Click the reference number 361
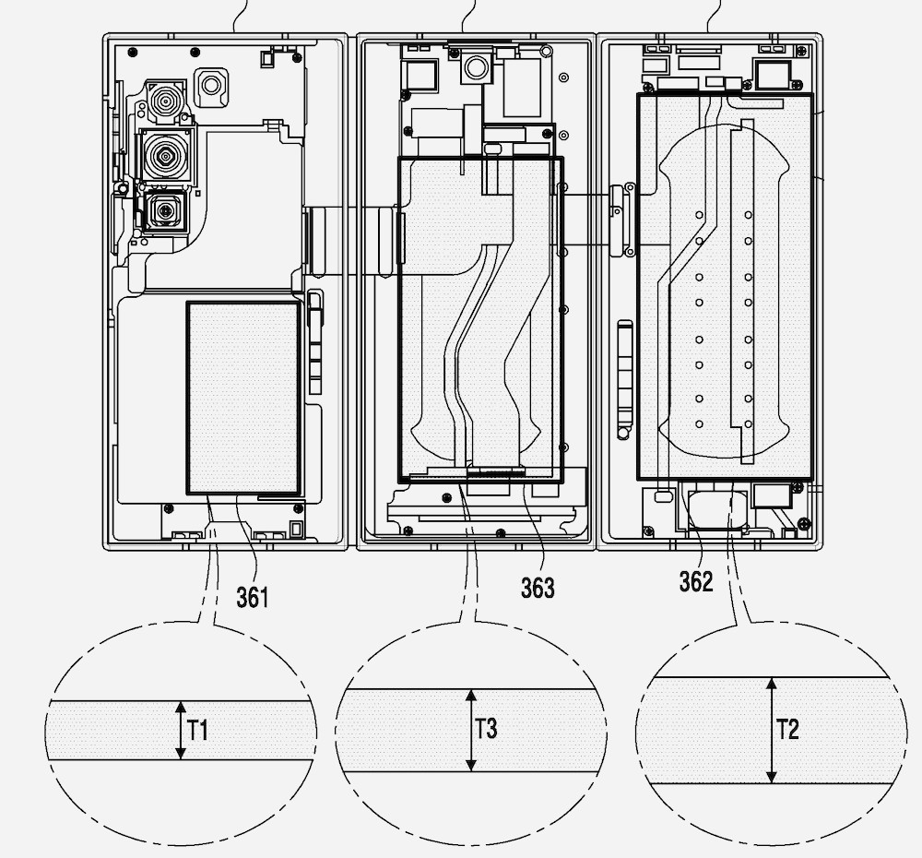pos(253,598)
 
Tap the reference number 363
pos(538,588)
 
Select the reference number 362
pos(696,581)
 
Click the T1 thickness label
pos(198,731)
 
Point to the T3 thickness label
pos(486,729)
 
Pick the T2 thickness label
pos(788,729)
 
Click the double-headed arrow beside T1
pos(181,730)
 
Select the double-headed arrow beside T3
pos(470,731)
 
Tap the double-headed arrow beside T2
pos(772,731)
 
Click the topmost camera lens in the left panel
pos(166,101)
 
